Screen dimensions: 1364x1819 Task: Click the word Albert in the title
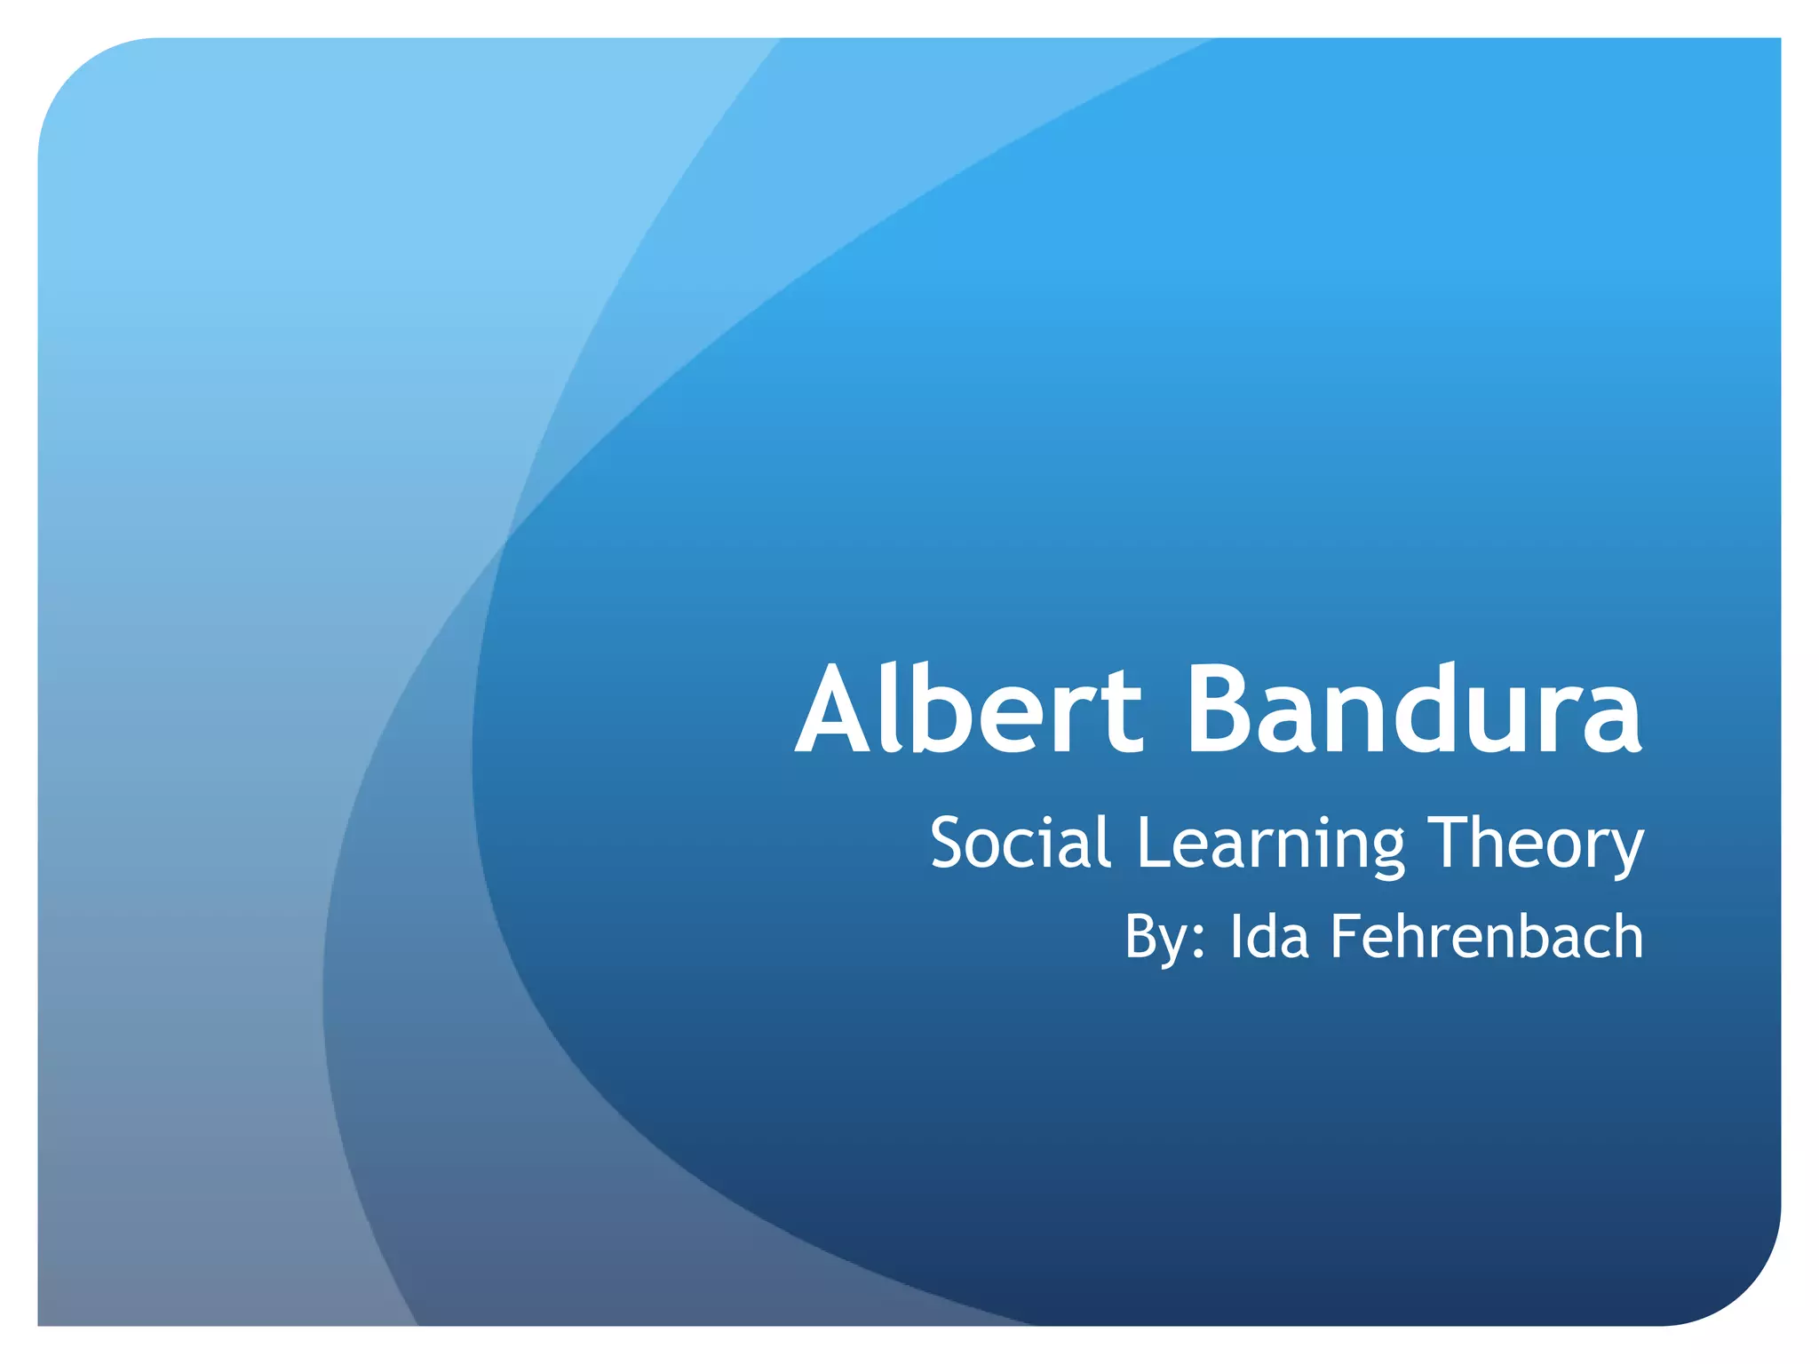coord(969,710)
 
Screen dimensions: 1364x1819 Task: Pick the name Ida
coord(1269,937)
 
